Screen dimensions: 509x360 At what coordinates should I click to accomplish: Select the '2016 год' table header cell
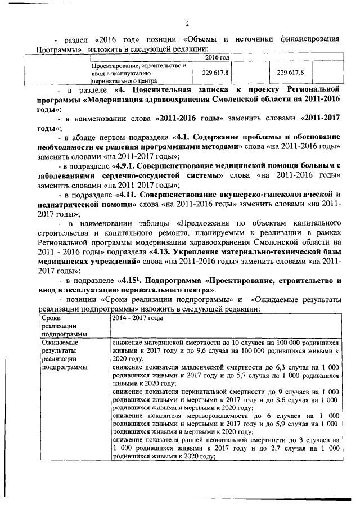pyautogui.click(x=217, y=58)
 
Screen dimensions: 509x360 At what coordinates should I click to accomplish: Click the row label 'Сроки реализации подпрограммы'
pyautogui.click(x=61, y=326)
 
